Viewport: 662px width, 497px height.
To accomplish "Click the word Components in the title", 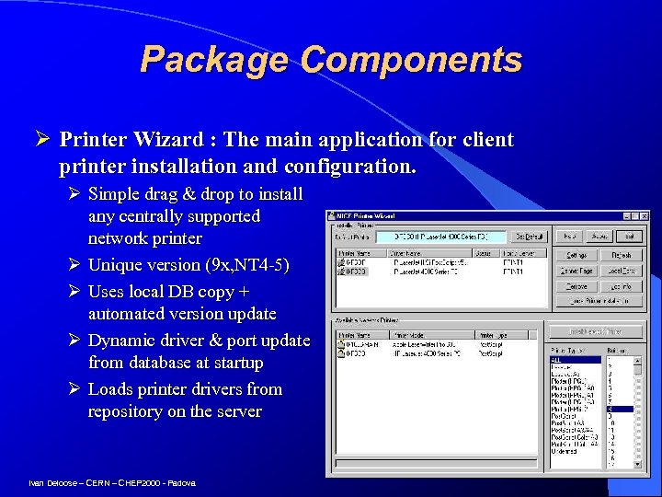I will [410, 61].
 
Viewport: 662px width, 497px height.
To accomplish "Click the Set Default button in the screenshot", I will [529, 237].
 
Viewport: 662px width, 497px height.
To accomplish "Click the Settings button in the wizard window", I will [576, 255].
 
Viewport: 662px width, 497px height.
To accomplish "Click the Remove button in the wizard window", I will [576, 286].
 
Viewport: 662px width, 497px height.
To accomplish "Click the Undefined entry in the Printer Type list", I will [563, 451].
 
